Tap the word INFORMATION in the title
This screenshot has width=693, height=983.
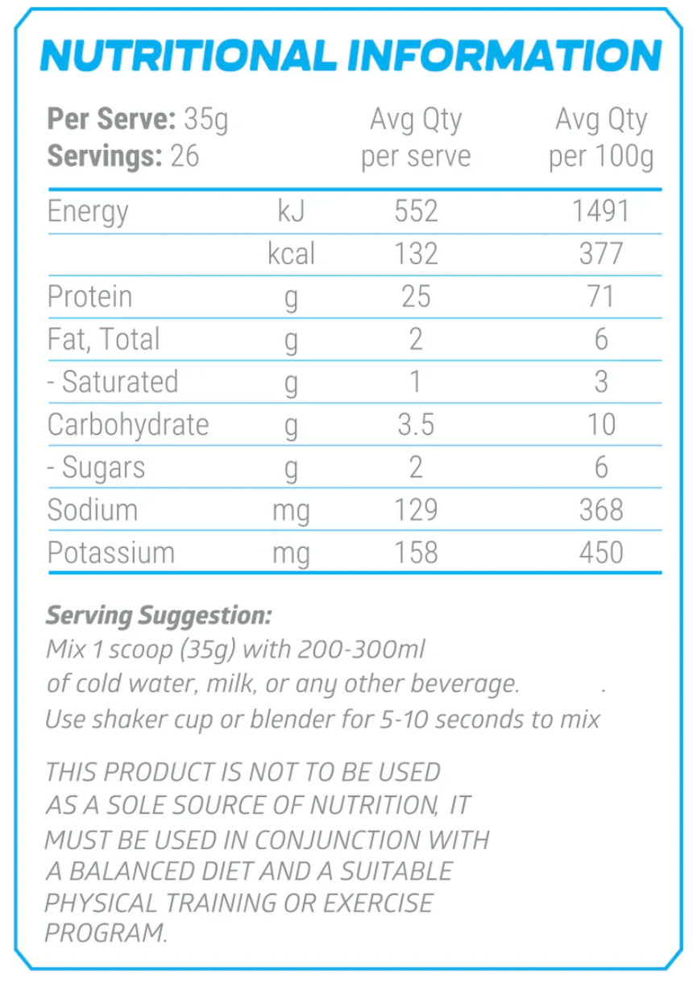(x=500, y=56)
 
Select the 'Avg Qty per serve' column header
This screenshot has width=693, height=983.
(x=416, y=138)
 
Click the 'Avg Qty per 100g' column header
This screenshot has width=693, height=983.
(x=601, y=138)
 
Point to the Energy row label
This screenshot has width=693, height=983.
(x=88, y=212)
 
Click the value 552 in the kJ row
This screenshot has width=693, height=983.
(x=416, y=211)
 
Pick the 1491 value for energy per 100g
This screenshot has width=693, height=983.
(x=601, y=211)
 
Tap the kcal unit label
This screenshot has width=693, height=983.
(x=291, y=254)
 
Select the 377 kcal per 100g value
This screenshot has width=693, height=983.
(x=601, y=254)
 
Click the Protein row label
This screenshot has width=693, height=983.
(x=89, y=297)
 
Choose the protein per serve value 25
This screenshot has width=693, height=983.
(x=416, y=297)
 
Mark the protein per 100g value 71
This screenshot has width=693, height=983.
(x=601, y=297)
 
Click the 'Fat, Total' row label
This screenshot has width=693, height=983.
(x=104, y=339)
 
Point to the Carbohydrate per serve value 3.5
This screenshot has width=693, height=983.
(x=416, y=425)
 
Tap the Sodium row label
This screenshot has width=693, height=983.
(x=93, y=510)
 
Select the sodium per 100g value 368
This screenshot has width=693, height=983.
(x=601, y=510)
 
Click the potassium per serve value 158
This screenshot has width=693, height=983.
(x=416, y=553)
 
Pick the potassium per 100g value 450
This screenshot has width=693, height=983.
(x=601, y=553)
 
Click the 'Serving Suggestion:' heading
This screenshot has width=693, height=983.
(x=159, y=616)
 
